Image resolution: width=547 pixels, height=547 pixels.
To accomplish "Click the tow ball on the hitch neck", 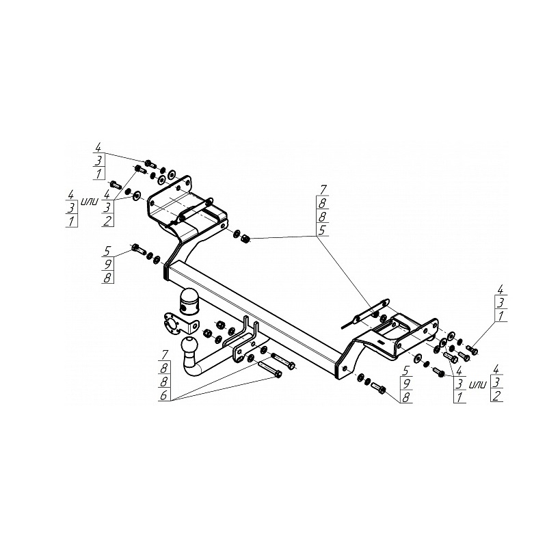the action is (x=190, y=345).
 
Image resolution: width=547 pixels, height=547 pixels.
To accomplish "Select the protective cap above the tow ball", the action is (x=189, y=299).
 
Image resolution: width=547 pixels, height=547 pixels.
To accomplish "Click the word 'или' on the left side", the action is (x=90, y=201).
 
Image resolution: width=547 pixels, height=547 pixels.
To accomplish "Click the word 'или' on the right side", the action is (x=477, y=385).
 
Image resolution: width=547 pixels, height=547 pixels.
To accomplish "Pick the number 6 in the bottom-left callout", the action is (x=164, y=396).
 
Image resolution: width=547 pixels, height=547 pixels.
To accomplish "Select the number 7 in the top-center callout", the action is (x=323, y=190).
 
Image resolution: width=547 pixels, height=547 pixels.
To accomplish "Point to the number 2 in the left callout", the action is (x=107, y=220).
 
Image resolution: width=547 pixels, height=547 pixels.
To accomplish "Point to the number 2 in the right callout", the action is (x=497, y=396).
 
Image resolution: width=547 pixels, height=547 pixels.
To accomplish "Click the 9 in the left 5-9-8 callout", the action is (x=107, y=265).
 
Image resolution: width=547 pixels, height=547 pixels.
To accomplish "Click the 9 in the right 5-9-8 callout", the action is (x=406, y=384).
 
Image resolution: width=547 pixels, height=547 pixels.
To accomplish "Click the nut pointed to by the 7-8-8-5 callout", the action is (x=245, y=239).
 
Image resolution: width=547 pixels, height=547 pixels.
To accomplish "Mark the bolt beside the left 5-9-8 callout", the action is (x=138, y=250).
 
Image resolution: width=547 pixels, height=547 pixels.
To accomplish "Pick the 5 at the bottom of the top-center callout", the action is (x=323, y=230).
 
